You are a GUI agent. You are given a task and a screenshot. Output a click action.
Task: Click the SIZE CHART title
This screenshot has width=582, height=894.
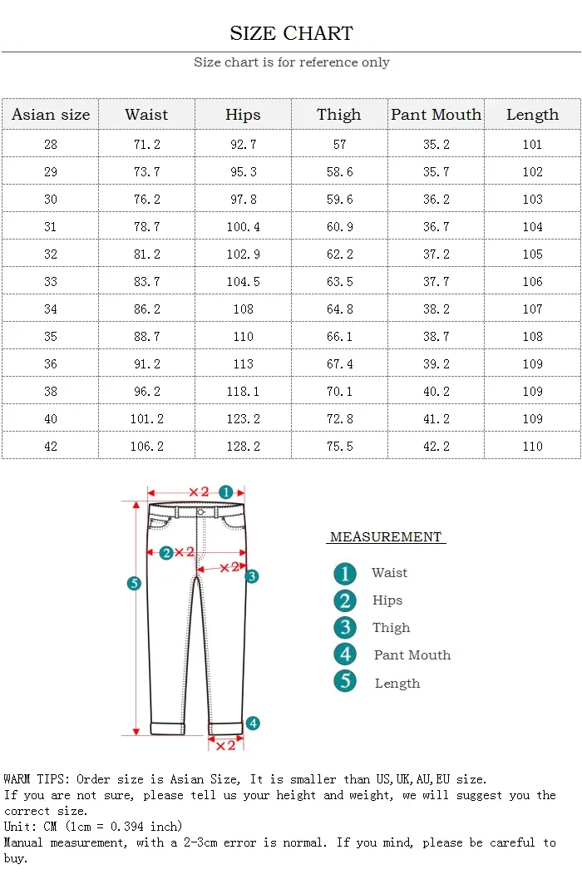coord(291,33)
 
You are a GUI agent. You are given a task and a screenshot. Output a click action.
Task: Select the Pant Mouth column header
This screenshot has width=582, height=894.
coord(436,115)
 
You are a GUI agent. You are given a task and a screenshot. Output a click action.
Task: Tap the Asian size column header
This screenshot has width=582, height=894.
coord(51,115)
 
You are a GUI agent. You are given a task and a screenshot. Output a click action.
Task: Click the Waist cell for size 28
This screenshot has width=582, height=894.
coord(146,145)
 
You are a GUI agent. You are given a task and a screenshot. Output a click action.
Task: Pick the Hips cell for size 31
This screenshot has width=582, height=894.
coord(243,227)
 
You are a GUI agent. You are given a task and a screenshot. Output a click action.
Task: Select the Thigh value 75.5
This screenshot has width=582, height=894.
coord(339,447)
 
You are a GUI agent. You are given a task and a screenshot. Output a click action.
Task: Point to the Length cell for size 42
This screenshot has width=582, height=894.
coord(532,447)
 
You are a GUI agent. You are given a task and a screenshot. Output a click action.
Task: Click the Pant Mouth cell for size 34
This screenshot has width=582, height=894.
coord(436,309)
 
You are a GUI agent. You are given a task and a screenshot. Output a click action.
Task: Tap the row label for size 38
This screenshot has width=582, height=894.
coord(51,392)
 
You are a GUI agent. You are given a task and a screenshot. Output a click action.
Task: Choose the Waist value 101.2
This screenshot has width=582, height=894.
coord(146,419)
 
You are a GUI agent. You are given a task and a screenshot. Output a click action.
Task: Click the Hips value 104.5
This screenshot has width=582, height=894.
coord(243,282)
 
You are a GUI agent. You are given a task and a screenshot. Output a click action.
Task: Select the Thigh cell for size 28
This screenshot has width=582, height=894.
coord(339,145)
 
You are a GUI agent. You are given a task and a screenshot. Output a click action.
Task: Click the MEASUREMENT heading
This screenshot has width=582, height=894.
coord(386,537)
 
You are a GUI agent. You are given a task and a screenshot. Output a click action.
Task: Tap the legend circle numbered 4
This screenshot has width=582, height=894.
coord(345,654)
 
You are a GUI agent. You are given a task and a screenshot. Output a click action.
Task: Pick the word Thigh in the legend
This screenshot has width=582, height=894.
coord(391,628)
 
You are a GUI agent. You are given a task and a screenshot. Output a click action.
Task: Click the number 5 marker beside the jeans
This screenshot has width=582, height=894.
coord(134,583)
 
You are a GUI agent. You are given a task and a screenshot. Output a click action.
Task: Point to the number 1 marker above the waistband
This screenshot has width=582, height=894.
coord(225,492)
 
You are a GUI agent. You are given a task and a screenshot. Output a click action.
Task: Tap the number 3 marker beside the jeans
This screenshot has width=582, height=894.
coord(252,575)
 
